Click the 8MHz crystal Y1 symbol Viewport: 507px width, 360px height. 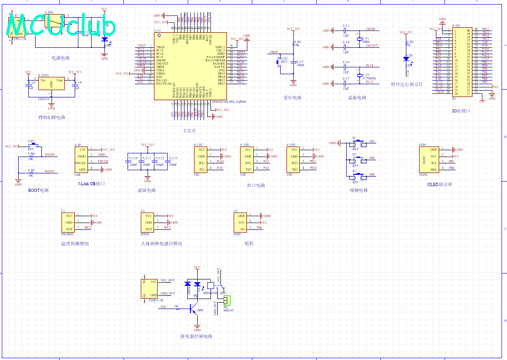(359, 40)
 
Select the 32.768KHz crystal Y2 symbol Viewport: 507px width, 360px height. (359, 75)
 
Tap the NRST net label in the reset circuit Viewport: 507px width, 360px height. (274, 52)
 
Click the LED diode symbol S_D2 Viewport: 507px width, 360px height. (406, 58)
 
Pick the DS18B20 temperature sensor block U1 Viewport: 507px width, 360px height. (69, 223)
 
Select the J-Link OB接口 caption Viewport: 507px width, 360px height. (92, 184)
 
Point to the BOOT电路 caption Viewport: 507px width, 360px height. (38, 190)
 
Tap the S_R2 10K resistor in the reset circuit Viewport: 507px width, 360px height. (294, 44)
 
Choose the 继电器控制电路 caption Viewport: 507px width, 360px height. (196, 336)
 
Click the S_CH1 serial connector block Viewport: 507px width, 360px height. (202, 159)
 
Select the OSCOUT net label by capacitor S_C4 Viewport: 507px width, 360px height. (372, 46)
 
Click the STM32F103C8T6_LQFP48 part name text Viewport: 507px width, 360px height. (229, 102)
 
